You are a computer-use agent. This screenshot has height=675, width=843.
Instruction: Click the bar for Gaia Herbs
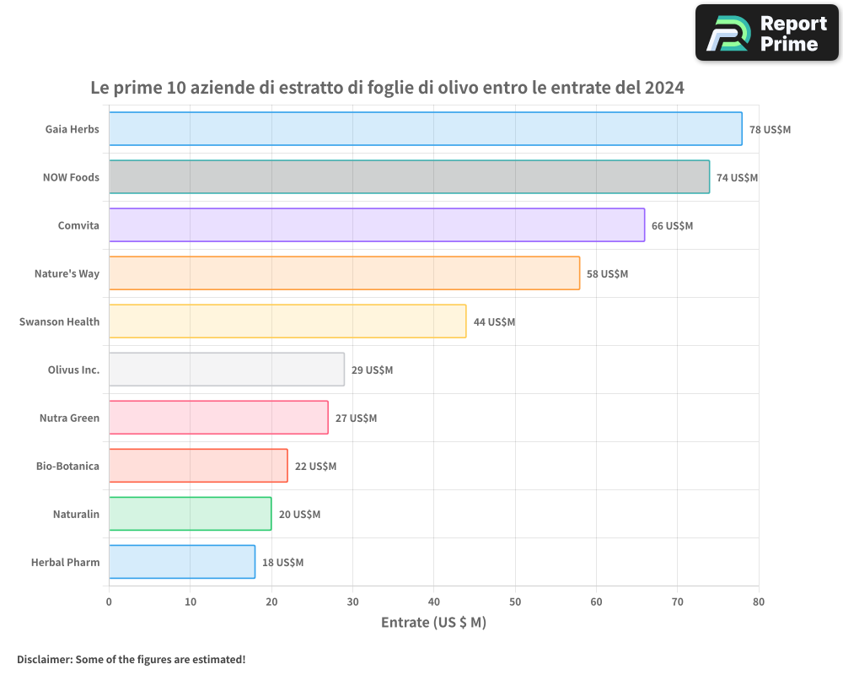[425, 129]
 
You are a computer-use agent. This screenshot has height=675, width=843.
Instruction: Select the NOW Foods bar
[409, 177]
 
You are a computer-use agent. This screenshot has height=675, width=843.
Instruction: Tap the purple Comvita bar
[377, 225]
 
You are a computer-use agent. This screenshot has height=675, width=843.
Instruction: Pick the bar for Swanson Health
[287, 321]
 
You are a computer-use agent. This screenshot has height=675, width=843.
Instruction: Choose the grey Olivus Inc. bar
[227, 370]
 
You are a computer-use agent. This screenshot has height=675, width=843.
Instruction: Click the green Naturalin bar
[190, 514]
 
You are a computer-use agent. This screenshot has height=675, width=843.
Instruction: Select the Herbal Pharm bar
[182, 562]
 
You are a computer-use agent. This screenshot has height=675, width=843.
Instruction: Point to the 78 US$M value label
[770, 130]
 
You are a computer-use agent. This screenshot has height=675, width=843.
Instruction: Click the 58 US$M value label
[607, 274]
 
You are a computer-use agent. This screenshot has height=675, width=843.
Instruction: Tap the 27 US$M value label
[356, 418]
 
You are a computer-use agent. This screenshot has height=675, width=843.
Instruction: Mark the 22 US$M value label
[315, 467]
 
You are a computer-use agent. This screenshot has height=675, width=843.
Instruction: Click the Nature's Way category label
[67, 274]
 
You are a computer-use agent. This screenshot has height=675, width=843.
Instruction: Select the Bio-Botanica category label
[67, 467]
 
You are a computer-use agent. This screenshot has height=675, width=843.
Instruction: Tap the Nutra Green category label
[69, 418]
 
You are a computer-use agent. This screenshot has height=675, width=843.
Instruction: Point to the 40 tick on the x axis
[434, 602]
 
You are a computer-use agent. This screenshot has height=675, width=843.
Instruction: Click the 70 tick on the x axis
[678, 602]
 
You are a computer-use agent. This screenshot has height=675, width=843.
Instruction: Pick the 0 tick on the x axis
[109, 602]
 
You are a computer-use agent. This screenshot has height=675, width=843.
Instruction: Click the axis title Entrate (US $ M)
[433, 623]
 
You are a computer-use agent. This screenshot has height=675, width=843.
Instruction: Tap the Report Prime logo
[766, 33]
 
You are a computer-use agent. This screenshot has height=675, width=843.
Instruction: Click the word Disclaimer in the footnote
[44, 659]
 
